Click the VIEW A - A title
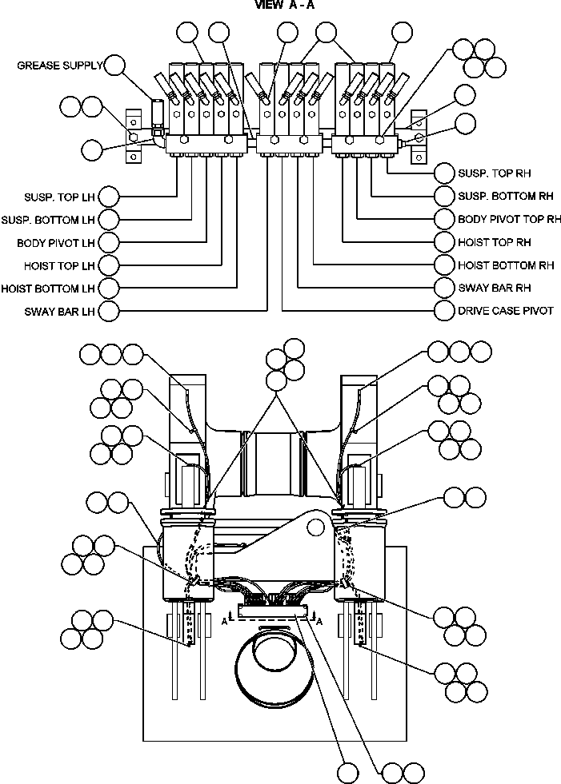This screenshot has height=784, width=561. tap(286, 5)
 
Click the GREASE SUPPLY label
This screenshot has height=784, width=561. tap(59, 66)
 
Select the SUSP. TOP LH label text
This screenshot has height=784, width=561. tap(60, 197)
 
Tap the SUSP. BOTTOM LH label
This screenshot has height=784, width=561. tap(49, 219)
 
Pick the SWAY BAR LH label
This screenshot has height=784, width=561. tap(61, 311)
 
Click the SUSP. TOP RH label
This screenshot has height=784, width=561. tap(494, 173)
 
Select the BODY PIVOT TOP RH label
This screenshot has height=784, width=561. tap(508, 219)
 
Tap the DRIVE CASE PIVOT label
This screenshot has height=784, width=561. tap(505, 310)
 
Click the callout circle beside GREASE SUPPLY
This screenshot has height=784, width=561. tap(116, 65)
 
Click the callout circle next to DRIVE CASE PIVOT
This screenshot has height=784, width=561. tap(444, 310)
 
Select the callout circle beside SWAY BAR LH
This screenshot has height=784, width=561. tap(108, 311)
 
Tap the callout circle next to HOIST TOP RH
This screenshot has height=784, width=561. tap(444, 241)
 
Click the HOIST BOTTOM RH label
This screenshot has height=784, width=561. tap(506, 265)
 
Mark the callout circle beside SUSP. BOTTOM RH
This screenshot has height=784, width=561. tap(444, 196)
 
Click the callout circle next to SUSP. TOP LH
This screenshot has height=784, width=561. tap(108, 196)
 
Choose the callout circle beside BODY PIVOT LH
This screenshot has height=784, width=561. tap(108, 241)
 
